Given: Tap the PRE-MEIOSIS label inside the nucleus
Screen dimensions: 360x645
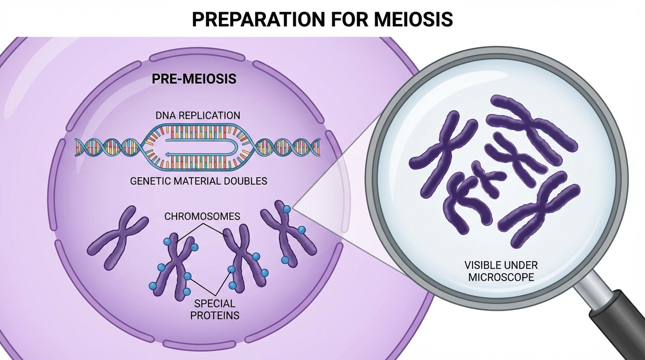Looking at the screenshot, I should coord(194,79).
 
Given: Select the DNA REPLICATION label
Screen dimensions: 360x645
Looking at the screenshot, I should coord(198,115).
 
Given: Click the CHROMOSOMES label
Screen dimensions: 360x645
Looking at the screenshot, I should coord(202,216).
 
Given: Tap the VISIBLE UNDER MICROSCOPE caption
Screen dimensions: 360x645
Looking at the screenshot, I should coord(501,271).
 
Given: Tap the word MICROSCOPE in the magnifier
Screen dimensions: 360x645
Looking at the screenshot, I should coord(501,277).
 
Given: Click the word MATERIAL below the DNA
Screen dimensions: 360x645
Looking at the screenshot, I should coord(197,180).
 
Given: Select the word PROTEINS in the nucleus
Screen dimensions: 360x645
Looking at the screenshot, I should coord(214,315).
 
